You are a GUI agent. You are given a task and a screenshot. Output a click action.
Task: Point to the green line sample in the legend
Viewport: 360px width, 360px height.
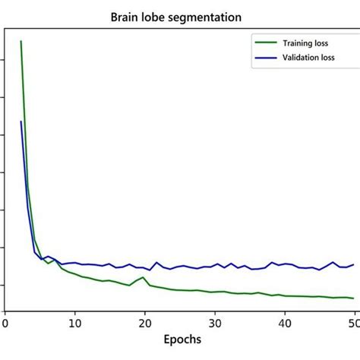click(x=267, y=43)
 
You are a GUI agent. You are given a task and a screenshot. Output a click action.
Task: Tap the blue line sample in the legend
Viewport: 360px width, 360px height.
click(x=267, y=57)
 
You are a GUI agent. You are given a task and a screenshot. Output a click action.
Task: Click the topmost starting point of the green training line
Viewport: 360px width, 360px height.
click(x=21, y=41)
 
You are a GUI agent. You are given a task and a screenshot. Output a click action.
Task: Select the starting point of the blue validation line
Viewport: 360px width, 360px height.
click(x=21, y=122)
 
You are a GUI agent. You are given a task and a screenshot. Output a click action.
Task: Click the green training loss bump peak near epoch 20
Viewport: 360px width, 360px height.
click(x=144, y=277)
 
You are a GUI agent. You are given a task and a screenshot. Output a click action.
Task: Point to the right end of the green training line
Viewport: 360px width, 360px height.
click(x=354, y=298)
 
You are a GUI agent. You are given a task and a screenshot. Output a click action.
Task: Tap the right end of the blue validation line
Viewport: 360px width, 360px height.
click(x=354, y=264)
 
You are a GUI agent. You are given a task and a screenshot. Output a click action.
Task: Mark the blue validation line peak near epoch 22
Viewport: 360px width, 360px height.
click(x=157, y=263)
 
